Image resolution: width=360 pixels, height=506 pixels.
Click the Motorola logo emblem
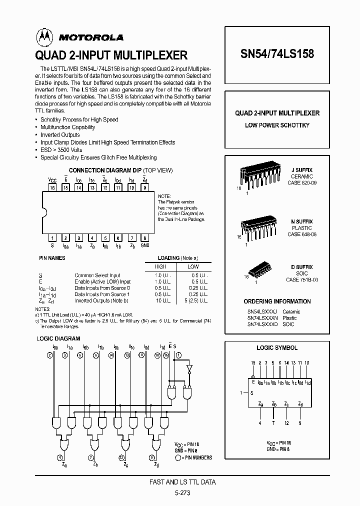coord(43,36)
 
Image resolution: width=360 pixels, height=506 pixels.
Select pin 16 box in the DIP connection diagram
coord(52,187)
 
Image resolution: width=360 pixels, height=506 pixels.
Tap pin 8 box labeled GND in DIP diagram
coord(144,238)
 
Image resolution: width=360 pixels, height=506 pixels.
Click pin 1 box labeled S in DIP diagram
coord(52,238)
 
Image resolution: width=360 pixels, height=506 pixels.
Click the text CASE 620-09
coord(302,183)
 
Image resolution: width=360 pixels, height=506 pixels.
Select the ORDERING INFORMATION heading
coord(277,301)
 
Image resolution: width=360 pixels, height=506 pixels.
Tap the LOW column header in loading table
coord(193,266)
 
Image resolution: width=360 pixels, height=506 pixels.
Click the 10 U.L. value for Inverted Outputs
coord(162,300)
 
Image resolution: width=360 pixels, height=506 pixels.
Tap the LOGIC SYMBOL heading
coord(277,348)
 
